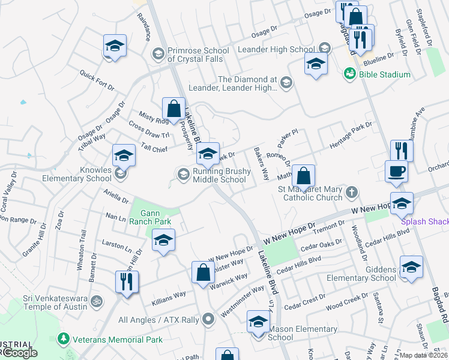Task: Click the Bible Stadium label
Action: [385, 74]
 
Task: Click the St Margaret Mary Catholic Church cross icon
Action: [352, 192]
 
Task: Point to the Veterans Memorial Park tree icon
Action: [63, 339]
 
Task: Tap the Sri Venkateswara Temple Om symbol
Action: [95, 300]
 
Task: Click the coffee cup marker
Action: [396, 172]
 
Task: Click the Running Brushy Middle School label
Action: [220, 175]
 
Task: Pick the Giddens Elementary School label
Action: [361, 273]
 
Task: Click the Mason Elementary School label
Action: [302, 333]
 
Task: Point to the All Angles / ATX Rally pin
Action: [208, 319]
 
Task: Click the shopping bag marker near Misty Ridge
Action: [173, 109]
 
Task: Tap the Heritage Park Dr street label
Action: [351, 136]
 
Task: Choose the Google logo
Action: [19, 353]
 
